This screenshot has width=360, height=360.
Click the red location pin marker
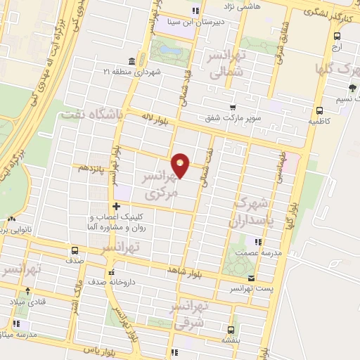pyautogui.click(x=181, y=165)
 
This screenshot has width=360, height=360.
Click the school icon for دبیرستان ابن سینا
pyautogui.click(x=195, y=11)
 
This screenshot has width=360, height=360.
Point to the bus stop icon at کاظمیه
pyautogui.click(x=320, y=110)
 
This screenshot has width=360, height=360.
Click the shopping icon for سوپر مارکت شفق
pyautogui.click(x=231, y=108)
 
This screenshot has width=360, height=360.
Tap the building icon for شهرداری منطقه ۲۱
pyautogui.click(x=131, y=61)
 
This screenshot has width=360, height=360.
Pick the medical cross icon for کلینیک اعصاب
pyautogui.click(x=115, y=207)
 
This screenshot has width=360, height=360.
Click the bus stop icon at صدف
pyautogui.click(x=74, y=250)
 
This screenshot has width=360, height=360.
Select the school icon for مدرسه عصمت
pyautogui.click(x=258, y=242)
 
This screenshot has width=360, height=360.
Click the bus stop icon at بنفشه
pyautogui.click(x=233, y=328)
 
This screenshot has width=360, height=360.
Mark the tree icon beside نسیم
pyautogui.click(x=352, y=88)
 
